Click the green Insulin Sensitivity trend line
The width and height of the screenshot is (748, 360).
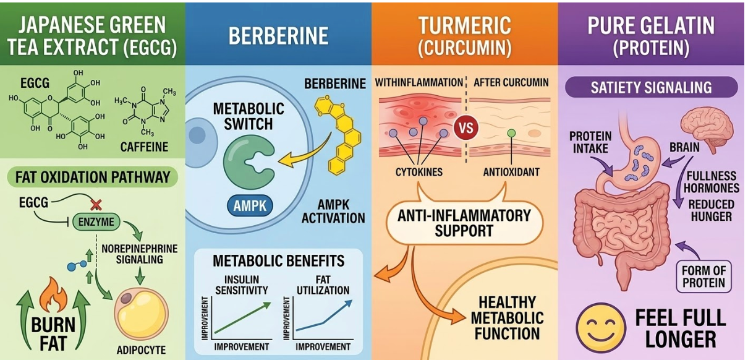point(241,316)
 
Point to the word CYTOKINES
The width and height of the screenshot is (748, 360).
point(419,172)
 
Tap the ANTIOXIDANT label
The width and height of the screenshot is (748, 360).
point(511,172)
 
